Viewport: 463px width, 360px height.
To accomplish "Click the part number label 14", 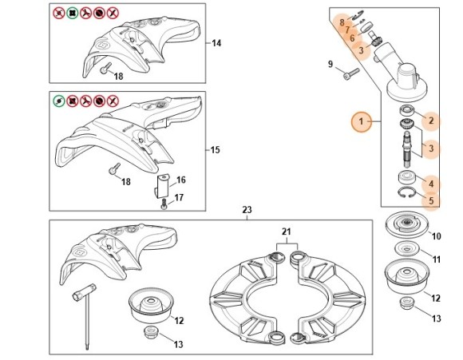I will (x=216, y=43).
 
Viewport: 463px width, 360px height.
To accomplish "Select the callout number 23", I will (x=247, y=210).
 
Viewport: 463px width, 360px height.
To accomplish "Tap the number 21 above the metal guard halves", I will (x=285, y=231).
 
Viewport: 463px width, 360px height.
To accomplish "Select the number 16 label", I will (x=181, y=180).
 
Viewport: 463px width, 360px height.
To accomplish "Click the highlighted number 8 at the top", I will (x=342, y=22).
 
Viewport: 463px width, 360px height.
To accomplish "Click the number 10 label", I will (x=437, y=236).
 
